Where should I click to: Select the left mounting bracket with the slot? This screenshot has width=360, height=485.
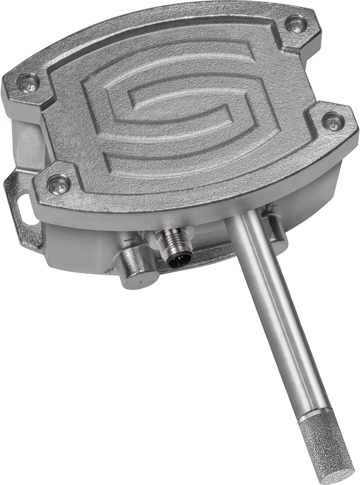pyautogui.click(x=21, y=206)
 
